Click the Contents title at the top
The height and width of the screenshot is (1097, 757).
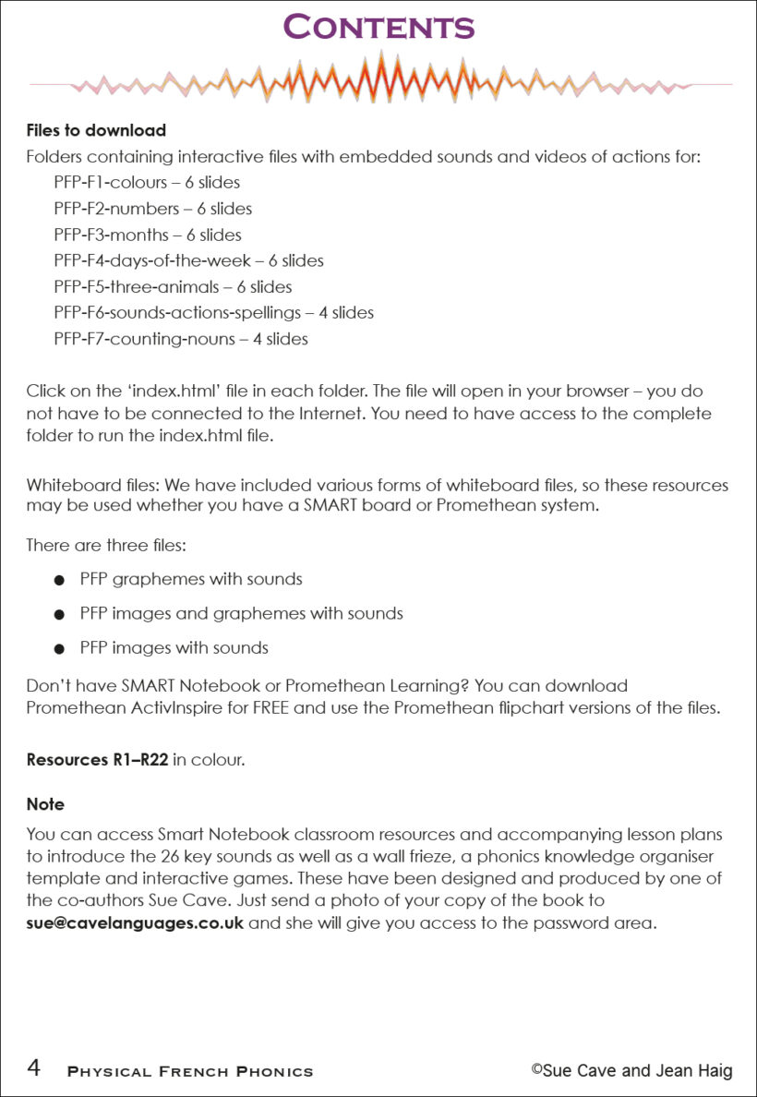[378, 27]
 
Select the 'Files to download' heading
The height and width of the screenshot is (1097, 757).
[96, 130]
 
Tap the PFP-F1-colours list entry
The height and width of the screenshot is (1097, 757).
[147, 183]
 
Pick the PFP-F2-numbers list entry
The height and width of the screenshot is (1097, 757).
[152, 209]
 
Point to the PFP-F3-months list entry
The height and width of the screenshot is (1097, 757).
[148, 235]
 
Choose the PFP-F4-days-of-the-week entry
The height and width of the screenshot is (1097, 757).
[188, 260]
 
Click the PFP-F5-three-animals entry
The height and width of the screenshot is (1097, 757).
[173, 286]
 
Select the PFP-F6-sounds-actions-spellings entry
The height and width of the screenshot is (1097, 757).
[213, 313]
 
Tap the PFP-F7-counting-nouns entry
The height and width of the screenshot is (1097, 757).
[181, 339]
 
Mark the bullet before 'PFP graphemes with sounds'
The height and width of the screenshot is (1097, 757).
[59, 581]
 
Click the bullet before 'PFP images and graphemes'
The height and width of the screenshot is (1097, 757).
[59, 614]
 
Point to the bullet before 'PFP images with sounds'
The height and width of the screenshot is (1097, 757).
[59, 648]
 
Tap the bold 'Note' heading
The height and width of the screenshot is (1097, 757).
[45, 804]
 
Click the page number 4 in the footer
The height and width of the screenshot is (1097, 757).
[33, 1069]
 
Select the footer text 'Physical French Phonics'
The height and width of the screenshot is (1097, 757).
[190, 1072]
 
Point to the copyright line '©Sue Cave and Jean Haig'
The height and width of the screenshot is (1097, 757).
[631, 1071]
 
